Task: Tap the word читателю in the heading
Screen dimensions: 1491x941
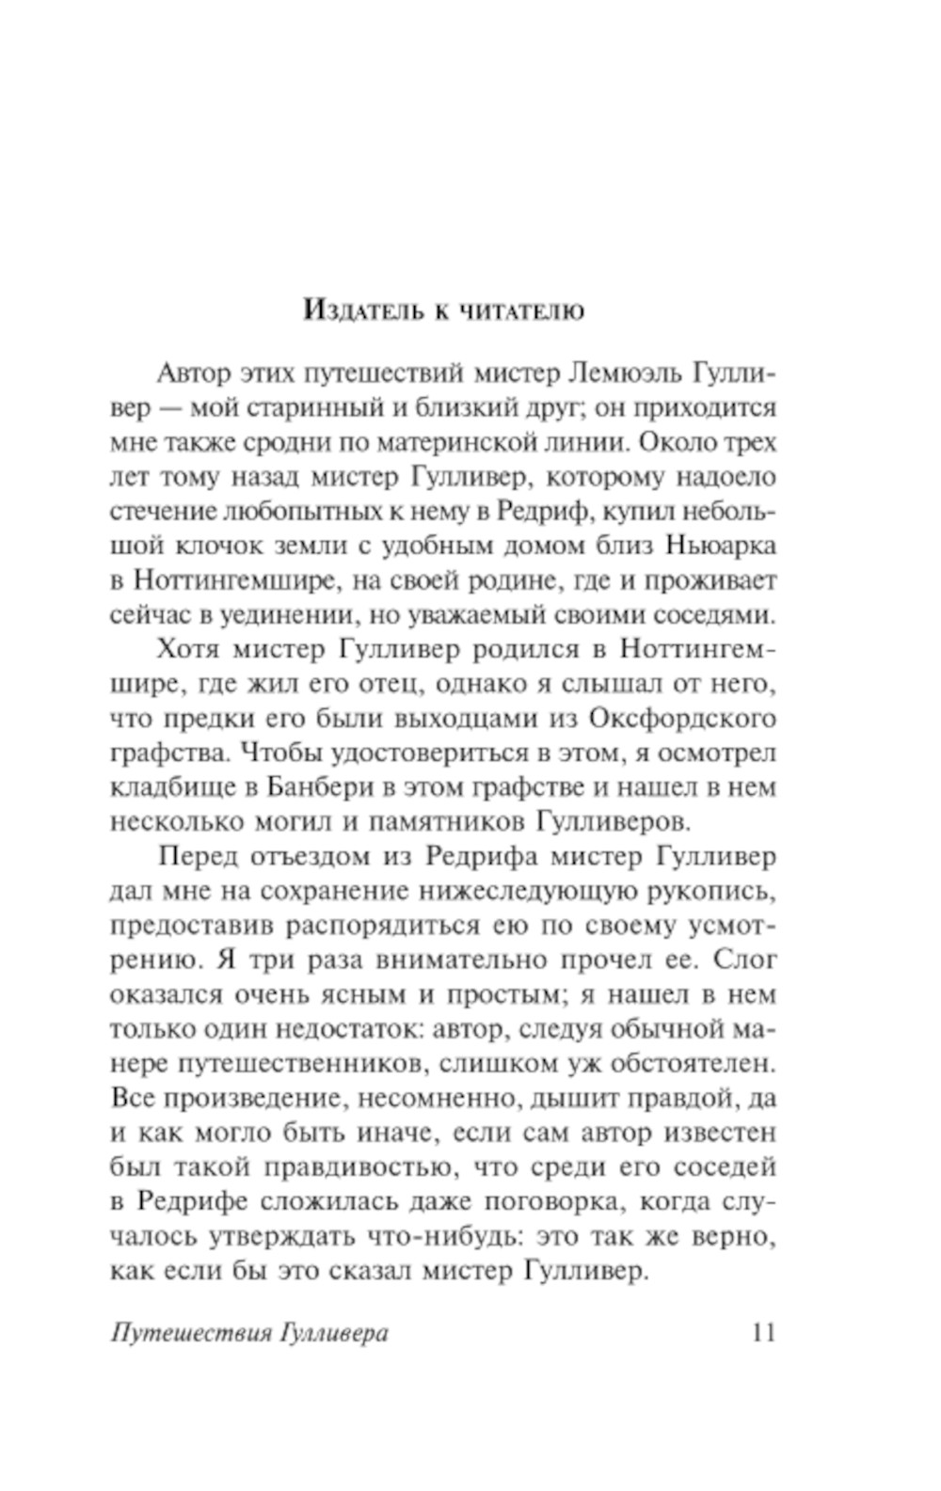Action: [522, 310]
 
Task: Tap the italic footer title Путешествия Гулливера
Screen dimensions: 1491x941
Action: [249, 1334]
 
